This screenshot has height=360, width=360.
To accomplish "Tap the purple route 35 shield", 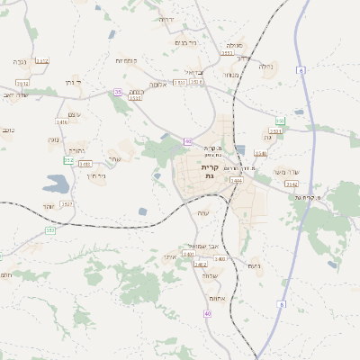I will [117, 92].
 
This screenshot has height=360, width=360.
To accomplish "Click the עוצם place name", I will [74, 112].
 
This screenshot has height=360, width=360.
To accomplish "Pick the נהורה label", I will [76, 150].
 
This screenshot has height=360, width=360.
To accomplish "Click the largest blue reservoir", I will [55, 184].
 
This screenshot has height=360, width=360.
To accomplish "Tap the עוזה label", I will [203, 212].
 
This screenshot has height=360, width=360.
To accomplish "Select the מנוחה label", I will [229, 75].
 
